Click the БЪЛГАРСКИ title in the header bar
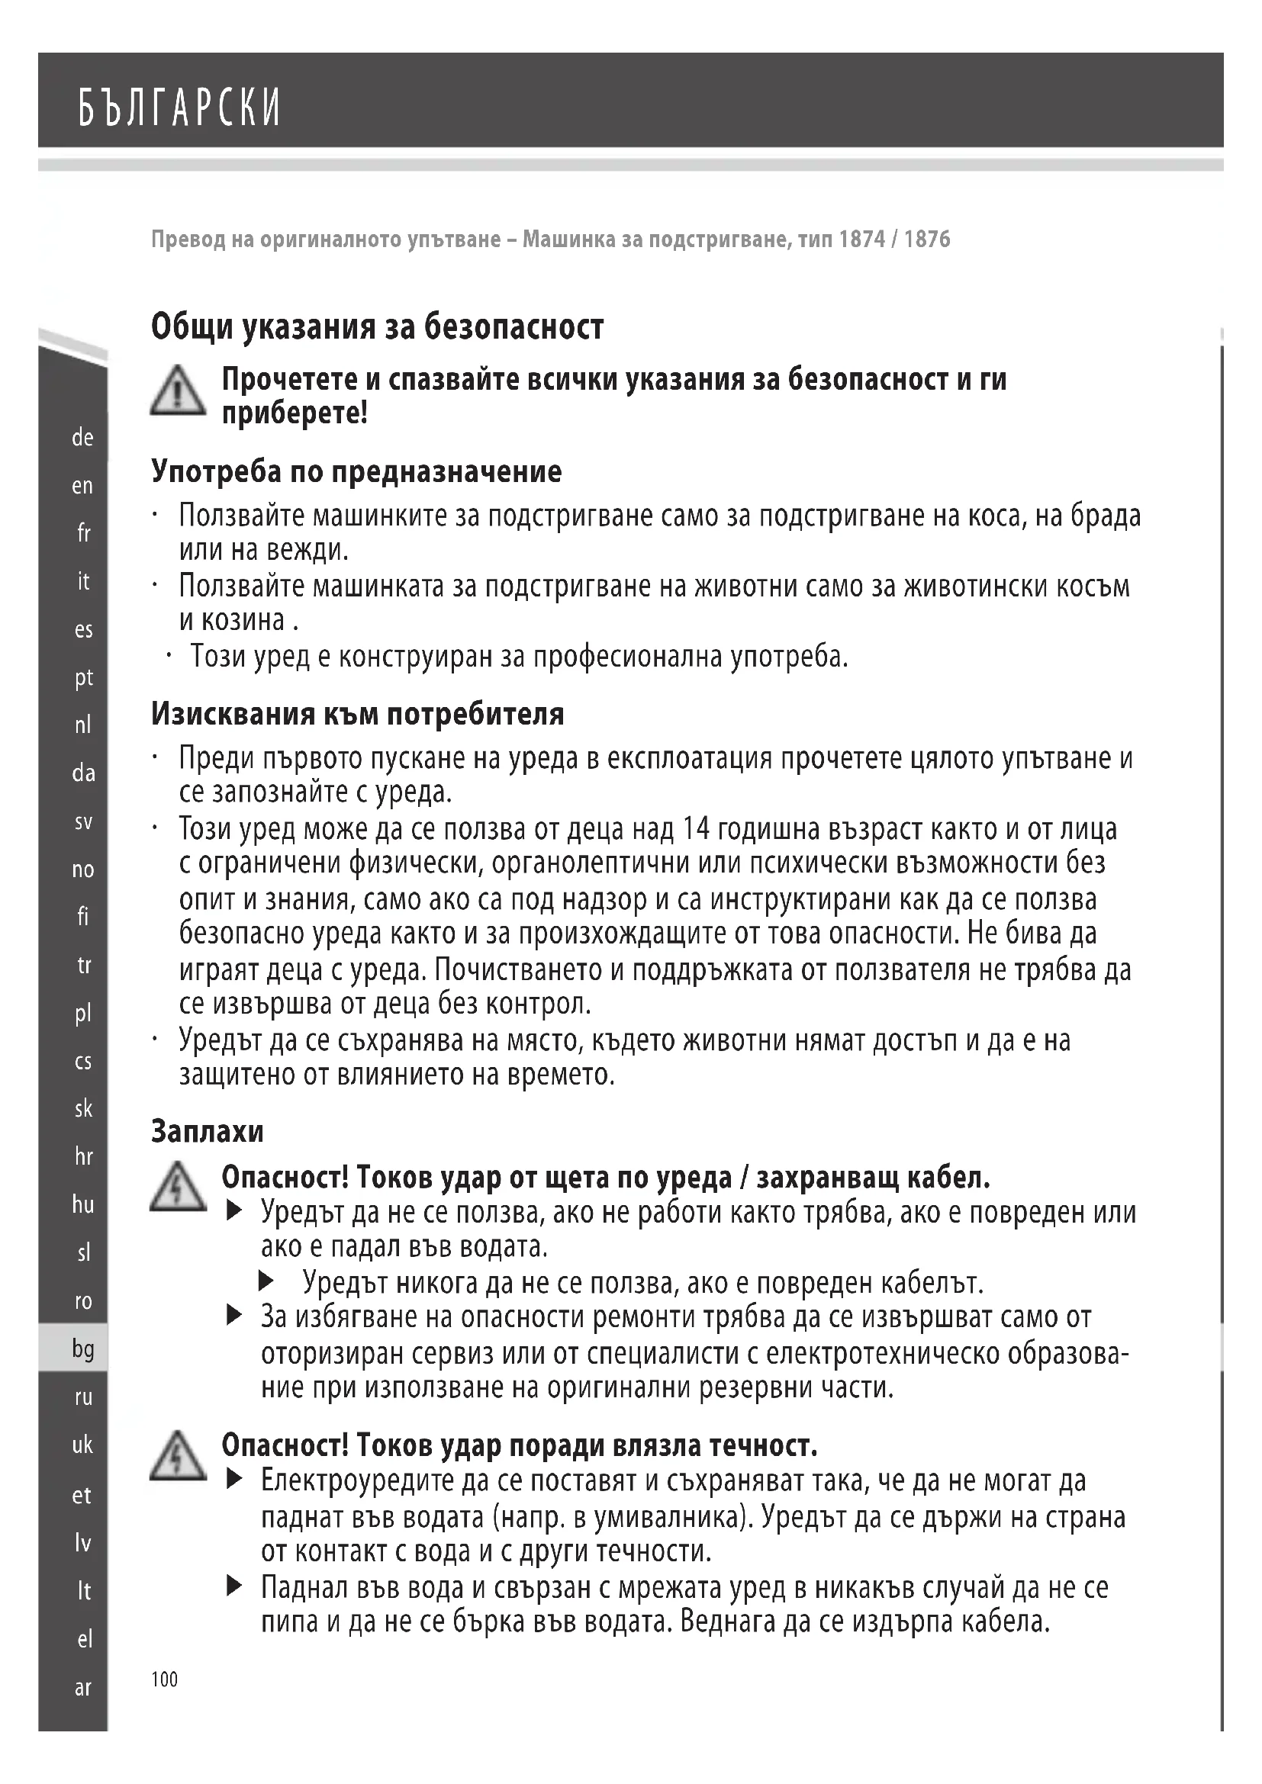(179, 108)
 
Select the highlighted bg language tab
(82, 1349)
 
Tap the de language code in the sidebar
(82, 438)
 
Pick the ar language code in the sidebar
(82, 1688)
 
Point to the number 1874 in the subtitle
(861, 239)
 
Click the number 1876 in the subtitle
(927, 239)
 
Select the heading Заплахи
(208, 1131)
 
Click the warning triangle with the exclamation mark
(178, 391)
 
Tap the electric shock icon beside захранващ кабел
(178, 1188)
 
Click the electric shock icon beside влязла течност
(178, 1456)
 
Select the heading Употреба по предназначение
(356, 471)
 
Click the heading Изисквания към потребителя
(357, 713)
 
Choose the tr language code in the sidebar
(82, 965)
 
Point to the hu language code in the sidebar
(82, 1204)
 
